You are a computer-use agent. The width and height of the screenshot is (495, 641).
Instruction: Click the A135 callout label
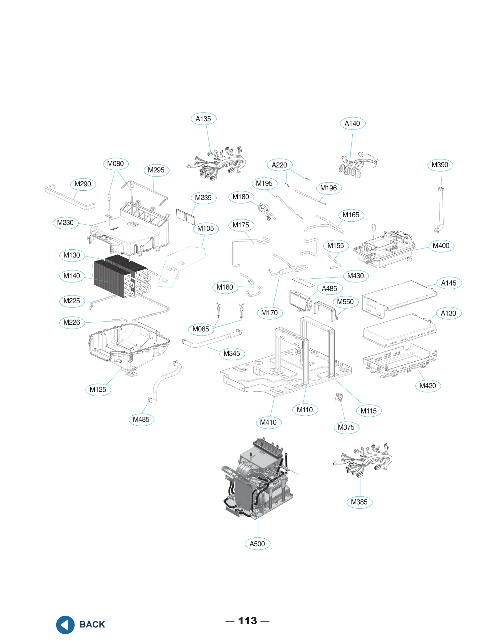[203, 119]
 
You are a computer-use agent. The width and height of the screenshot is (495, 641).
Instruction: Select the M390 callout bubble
[440, 165]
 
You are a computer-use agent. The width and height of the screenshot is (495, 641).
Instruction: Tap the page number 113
[247, 621]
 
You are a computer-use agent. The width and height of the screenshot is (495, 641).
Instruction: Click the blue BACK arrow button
[65, 625]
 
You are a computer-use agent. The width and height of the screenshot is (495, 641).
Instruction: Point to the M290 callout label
[83, 185]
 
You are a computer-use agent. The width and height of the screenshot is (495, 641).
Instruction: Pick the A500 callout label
[257, 544]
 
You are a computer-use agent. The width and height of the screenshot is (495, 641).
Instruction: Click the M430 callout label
[356, 276]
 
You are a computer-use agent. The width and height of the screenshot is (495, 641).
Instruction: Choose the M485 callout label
[141, 420]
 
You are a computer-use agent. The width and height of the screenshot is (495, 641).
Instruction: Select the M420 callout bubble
[428, 386]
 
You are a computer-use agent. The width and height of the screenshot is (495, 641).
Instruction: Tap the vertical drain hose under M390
[441, 210]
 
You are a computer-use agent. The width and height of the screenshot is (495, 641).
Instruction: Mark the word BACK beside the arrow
[92, 625]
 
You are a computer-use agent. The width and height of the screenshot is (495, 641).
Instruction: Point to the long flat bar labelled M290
[70, 197]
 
